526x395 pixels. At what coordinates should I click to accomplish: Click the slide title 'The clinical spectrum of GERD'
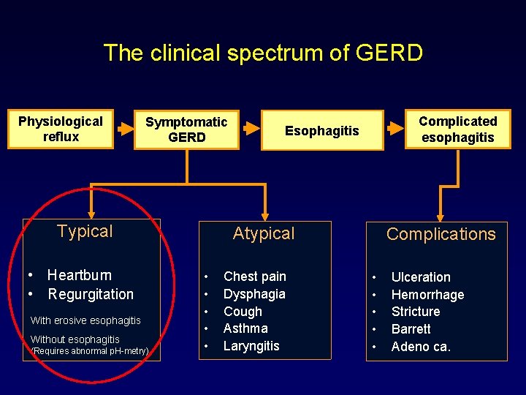[x=263, y=53]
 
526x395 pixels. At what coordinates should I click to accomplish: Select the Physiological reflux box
[x=61, y=129]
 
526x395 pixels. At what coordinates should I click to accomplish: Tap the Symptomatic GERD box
[x=186, y=129]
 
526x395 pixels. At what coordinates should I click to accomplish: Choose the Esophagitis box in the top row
[x=322, y=131]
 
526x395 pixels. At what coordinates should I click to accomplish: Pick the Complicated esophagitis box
[x=458, y=129]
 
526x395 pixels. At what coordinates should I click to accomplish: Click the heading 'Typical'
[x=85, y=232]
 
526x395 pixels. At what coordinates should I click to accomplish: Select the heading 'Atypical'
[x=263, y=234]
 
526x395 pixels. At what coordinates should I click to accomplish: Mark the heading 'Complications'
[x=441, y=234]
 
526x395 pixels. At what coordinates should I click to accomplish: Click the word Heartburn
[x=80, y=275]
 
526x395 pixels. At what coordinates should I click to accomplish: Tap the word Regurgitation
[x=91, y=294]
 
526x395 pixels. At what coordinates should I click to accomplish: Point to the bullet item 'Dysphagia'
[x=254, y=294]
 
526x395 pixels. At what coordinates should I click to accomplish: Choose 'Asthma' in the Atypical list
[x=245, y=328]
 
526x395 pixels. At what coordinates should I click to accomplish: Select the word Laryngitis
[x=251, y=346]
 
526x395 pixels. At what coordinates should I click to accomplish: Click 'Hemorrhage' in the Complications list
[x=427, y=295]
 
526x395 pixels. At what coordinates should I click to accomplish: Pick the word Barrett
[x=411, y=329]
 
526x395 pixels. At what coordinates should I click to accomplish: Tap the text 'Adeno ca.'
[x=421, y=347]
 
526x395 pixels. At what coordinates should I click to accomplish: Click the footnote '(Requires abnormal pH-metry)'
[x=90, y=352]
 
